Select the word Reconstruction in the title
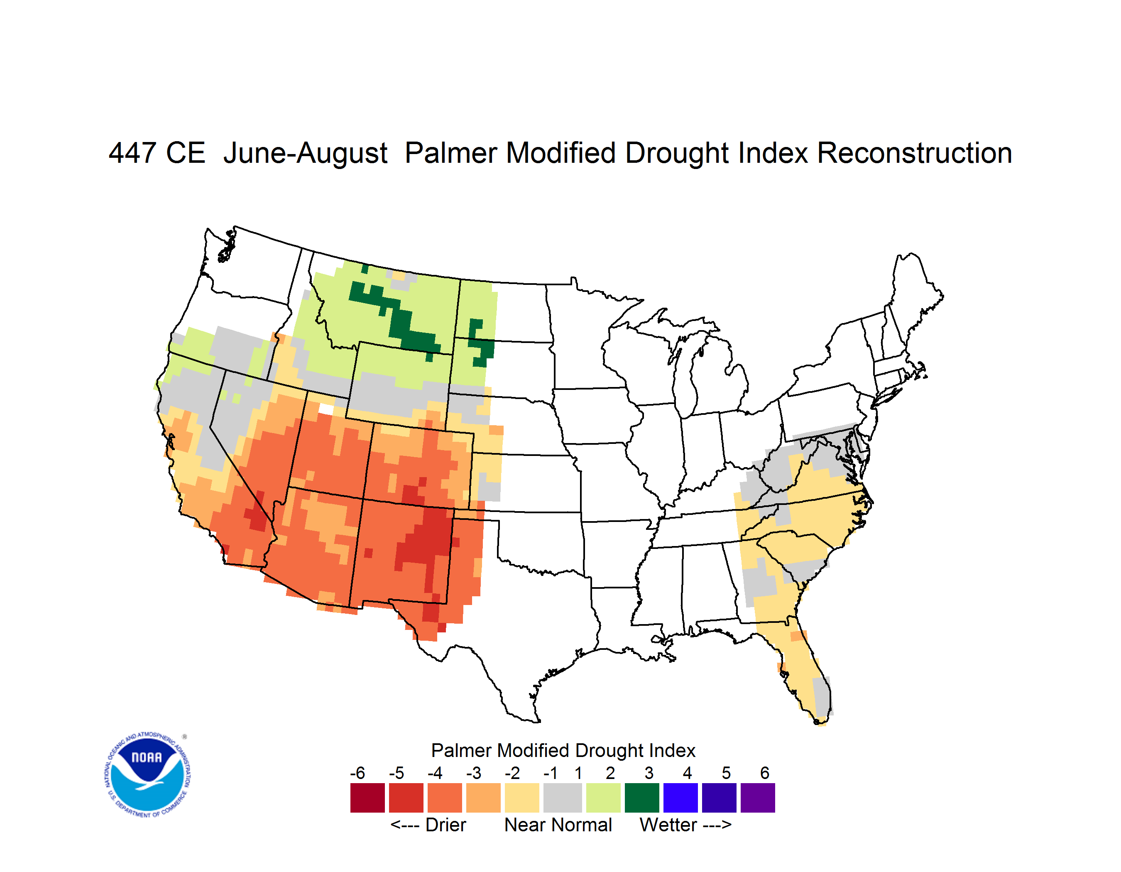914,153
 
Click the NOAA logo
148,775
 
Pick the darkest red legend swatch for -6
367,798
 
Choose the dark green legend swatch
641,798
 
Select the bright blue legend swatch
680,798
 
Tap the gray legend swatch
563,798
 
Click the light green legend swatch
603,798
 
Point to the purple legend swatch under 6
758,798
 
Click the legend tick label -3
474,773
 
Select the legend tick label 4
687,773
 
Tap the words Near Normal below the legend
558,825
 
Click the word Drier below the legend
446,825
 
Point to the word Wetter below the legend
668,825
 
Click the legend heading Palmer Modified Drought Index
563,750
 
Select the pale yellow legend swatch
522,798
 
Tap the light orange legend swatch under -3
483,798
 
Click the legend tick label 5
726,773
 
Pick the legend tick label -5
396,773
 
